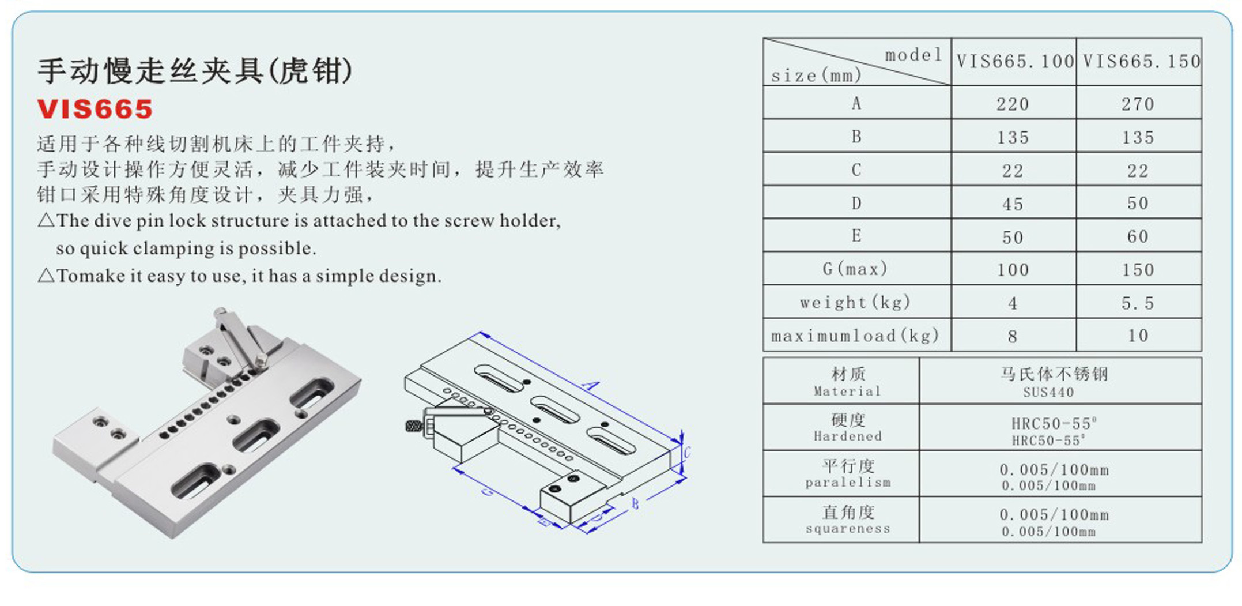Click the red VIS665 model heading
95,110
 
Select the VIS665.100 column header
1014,62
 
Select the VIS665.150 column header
1140,62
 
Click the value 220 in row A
1013,104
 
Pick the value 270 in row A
1138,104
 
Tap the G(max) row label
855,269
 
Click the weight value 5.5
1138,303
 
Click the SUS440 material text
1048,393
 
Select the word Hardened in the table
848,436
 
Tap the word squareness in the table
848,529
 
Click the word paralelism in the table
848,483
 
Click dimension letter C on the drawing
686,453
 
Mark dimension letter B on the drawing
635,504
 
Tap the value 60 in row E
1138,237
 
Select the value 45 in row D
1013,204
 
